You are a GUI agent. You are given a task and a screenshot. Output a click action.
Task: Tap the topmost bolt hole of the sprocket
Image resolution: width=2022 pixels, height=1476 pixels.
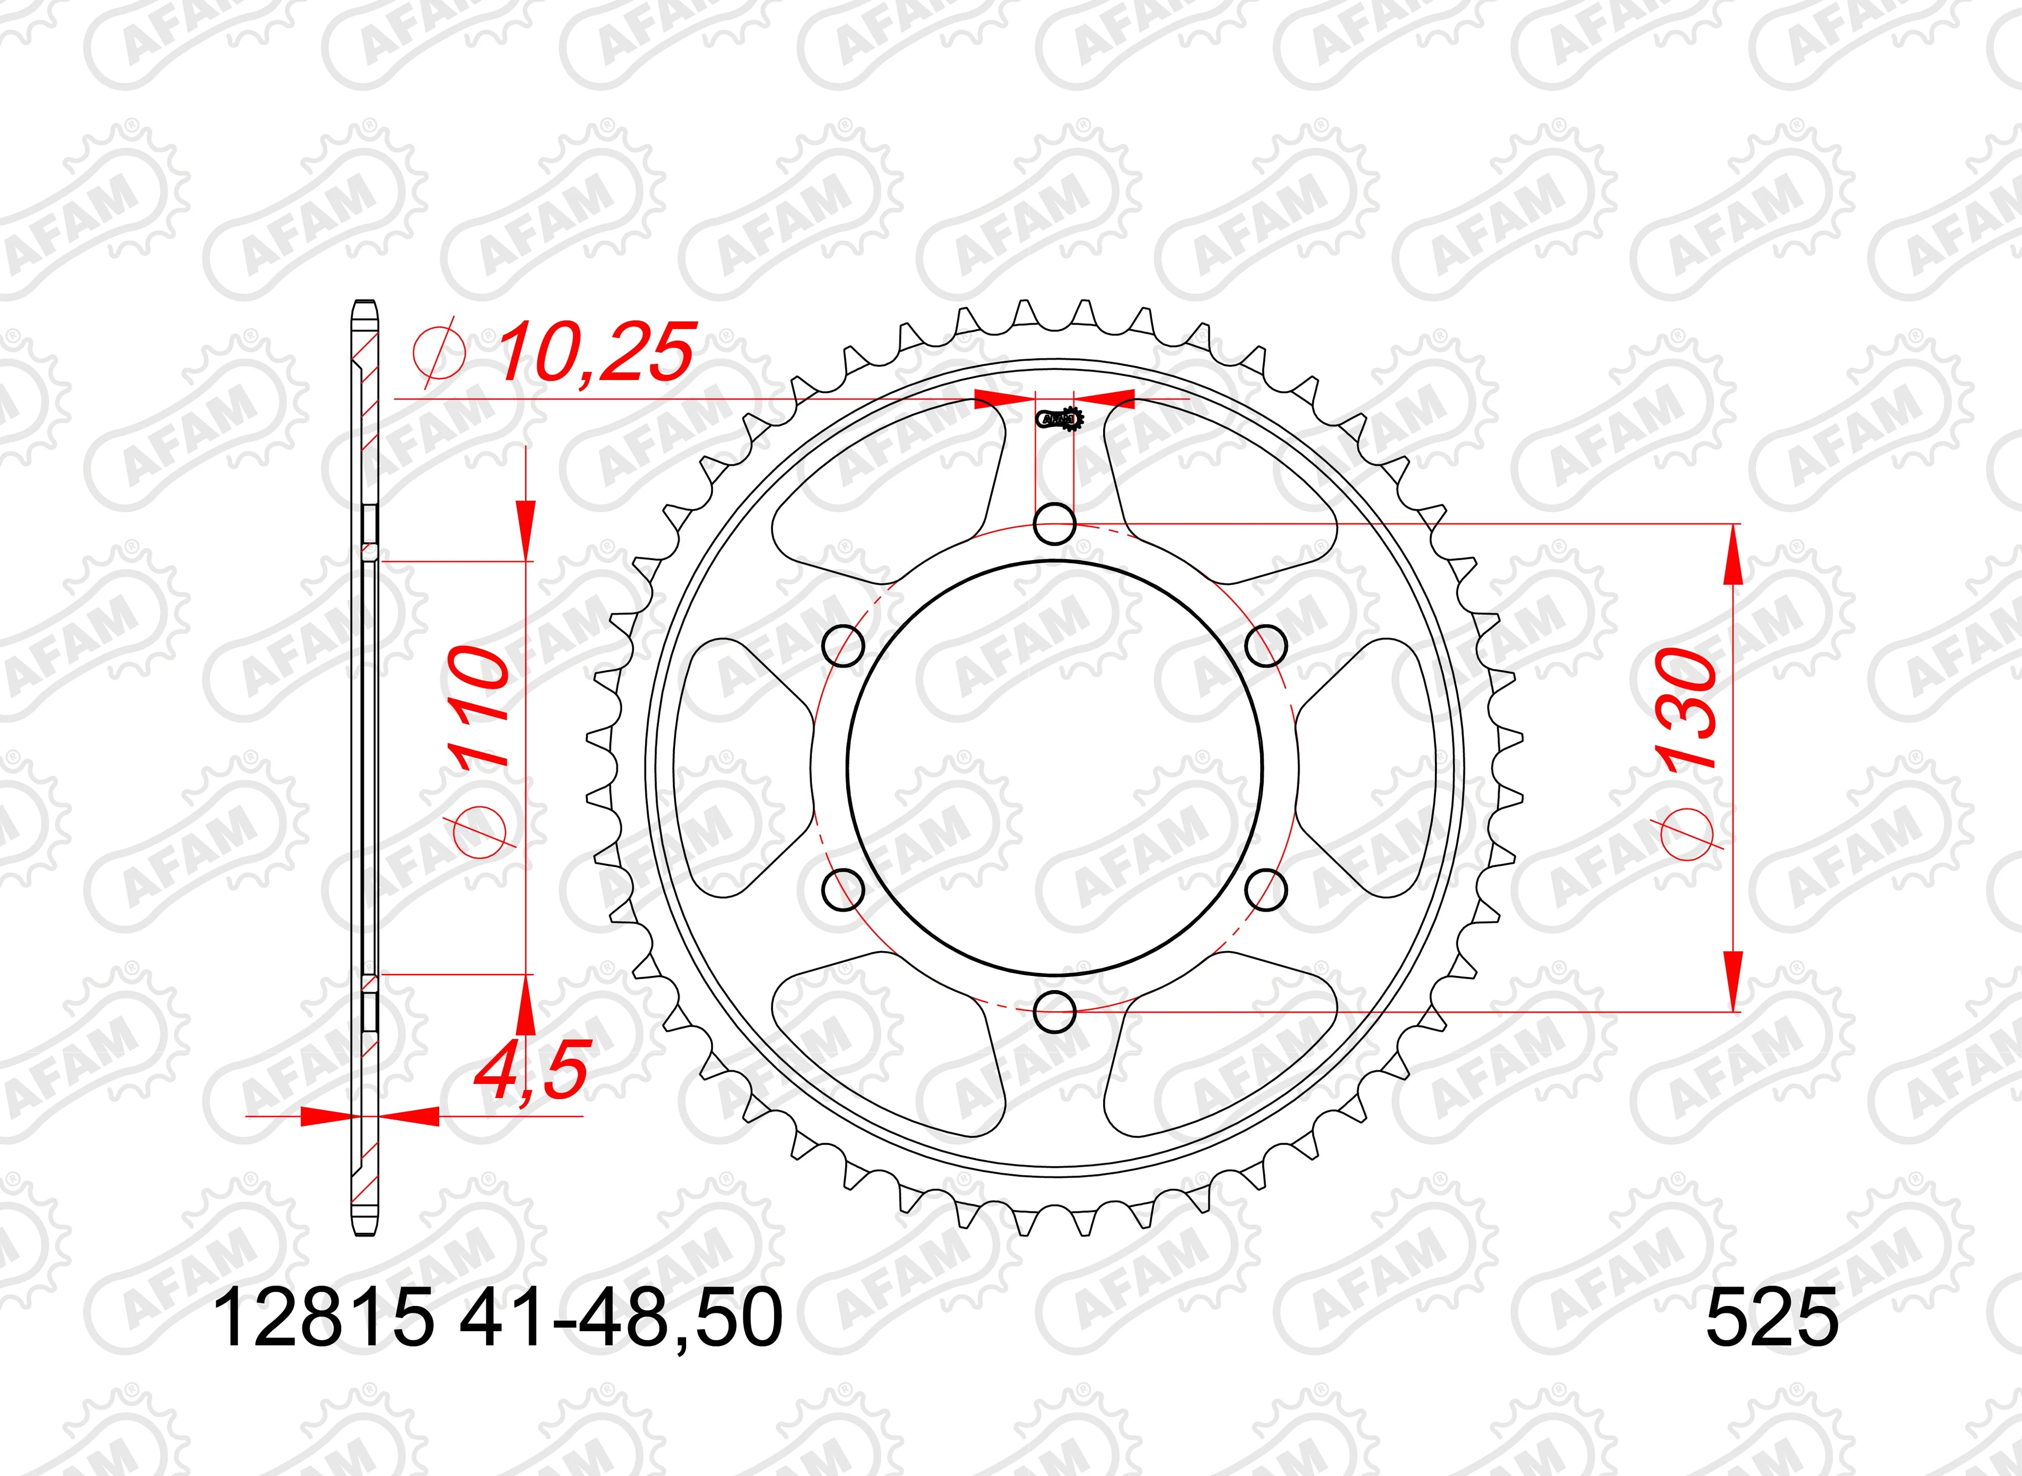point(1054,524)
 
